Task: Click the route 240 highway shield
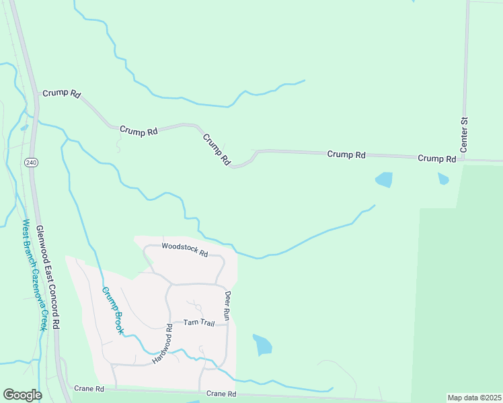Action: click(x=31, y=163)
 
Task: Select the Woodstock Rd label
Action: click(x=185, y=249)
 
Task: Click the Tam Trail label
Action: click(x=199, y=323)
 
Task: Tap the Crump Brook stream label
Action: click(x=113, y=311)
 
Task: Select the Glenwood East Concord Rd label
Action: click(x=48, y=276)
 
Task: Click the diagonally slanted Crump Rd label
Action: click(x=217, y=149)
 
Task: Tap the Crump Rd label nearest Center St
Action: click(x=436, y=159)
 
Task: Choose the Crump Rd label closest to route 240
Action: click(x=61, y=93)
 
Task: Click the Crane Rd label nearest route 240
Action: click(x=89, y=389)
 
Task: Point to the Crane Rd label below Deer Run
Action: click(x=221, y=394)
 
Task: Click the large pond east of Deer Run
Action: click(x=262, y=345)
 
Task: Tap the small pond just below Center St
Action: click(x=442, y=179)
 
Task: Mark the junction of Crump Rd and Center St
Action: click(x=463, y=160)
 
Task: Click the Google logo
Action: click(x=22, y=395)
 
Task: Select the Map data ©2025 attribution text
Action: click(x=473, y=398)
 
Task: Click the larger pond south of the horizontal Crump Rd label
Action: click(x=383, y=179)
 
